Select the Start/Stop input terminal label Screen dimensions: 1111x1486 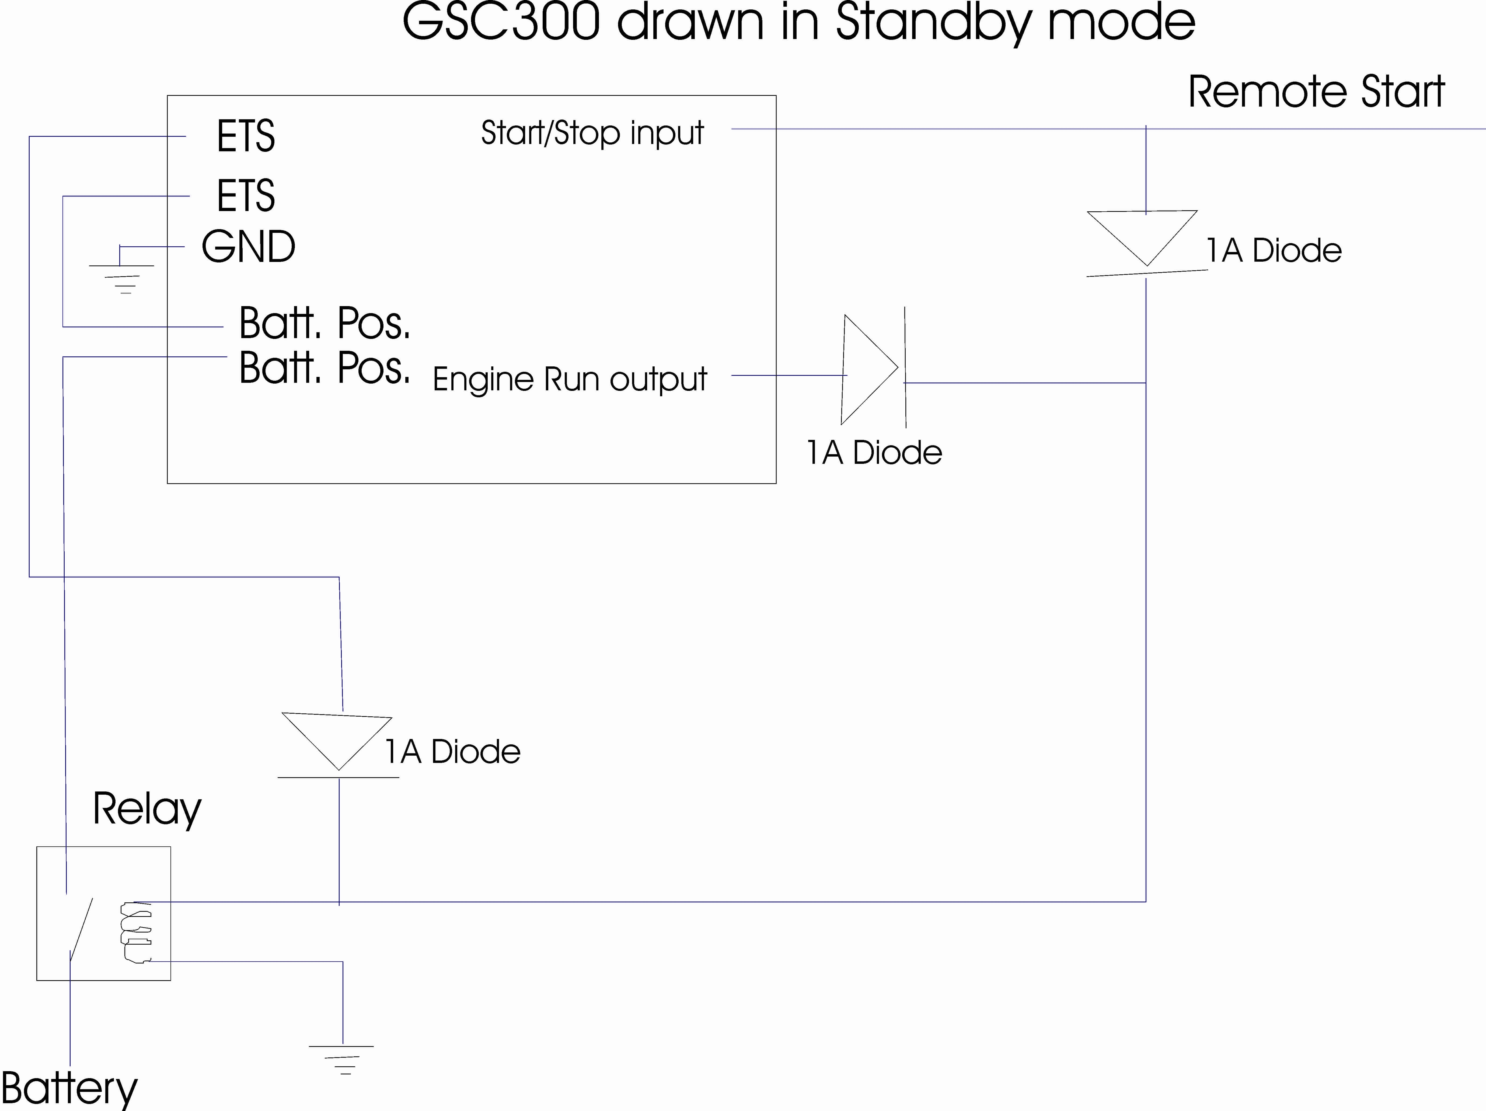pyautogui.click(x=592, y=133)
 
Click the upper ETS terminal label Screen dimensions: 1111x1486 pyautogui.click(x=246, y=136)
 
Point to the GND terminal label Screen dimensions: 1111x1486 pyautogui.click(x=249, y=247)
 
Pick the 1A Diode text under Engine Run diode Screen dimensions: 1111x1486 pyautogui.click(x=874, y=453)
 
